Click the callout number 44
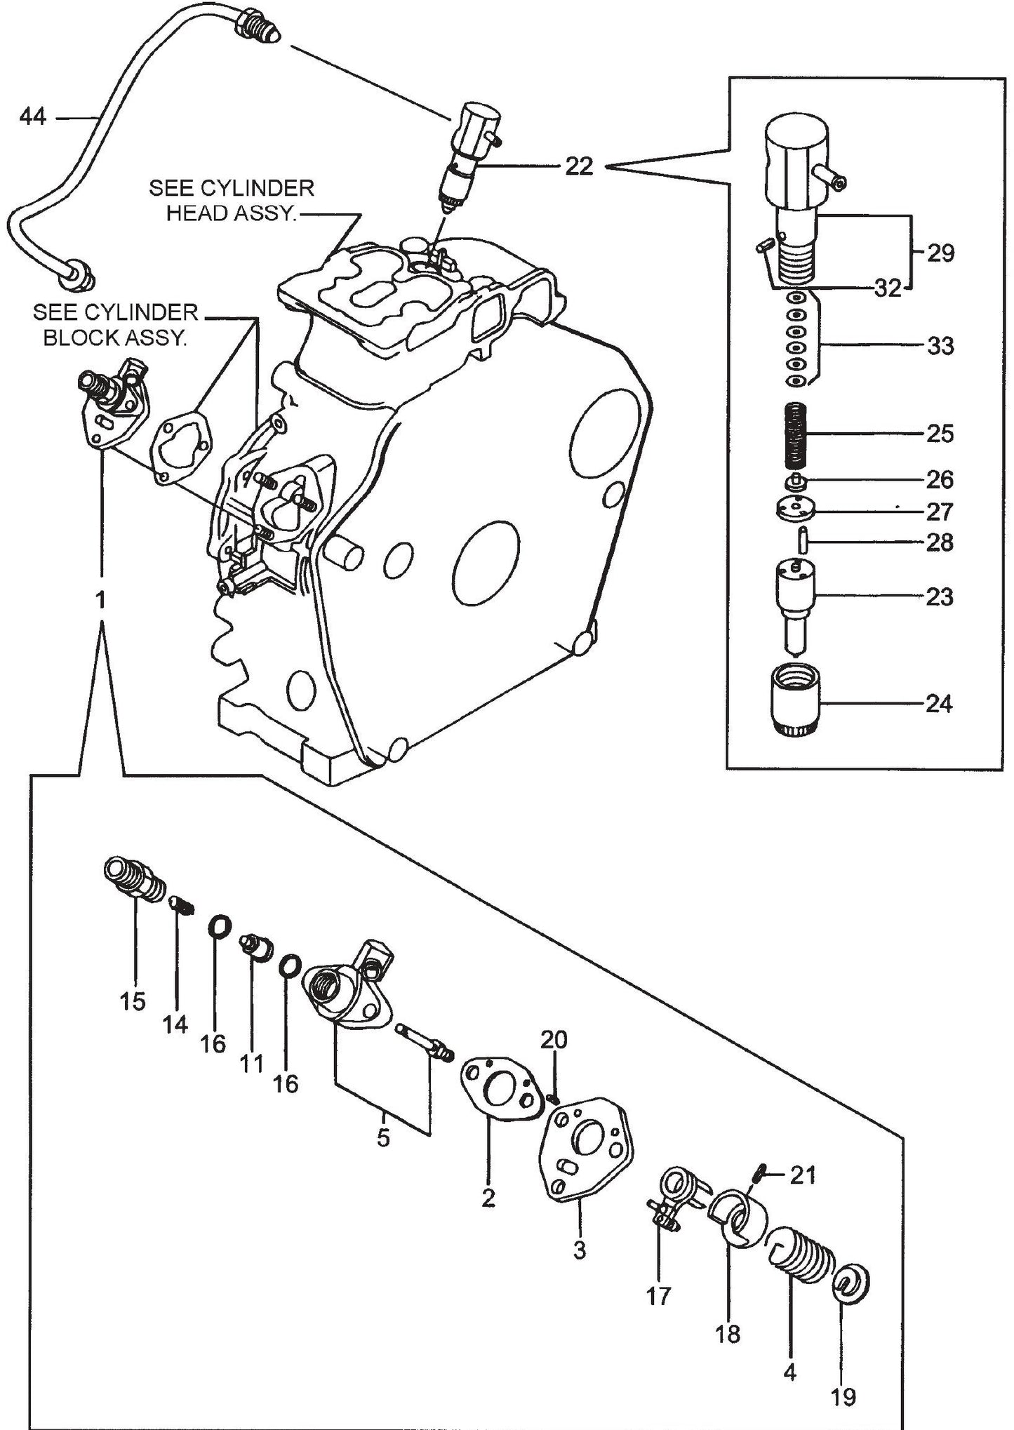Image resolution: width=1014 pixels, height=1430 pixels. pos(32,116)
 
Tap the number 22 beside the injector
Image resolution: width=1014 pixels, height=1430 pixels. pos(579,166)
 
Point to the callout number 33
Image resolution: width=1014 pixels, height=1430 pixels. pos(940,346)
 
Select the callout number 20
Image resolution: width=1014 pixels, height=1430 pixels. pos(553,1039)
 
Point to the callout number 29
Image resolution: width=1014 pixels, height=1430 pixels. pos(940,253)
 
